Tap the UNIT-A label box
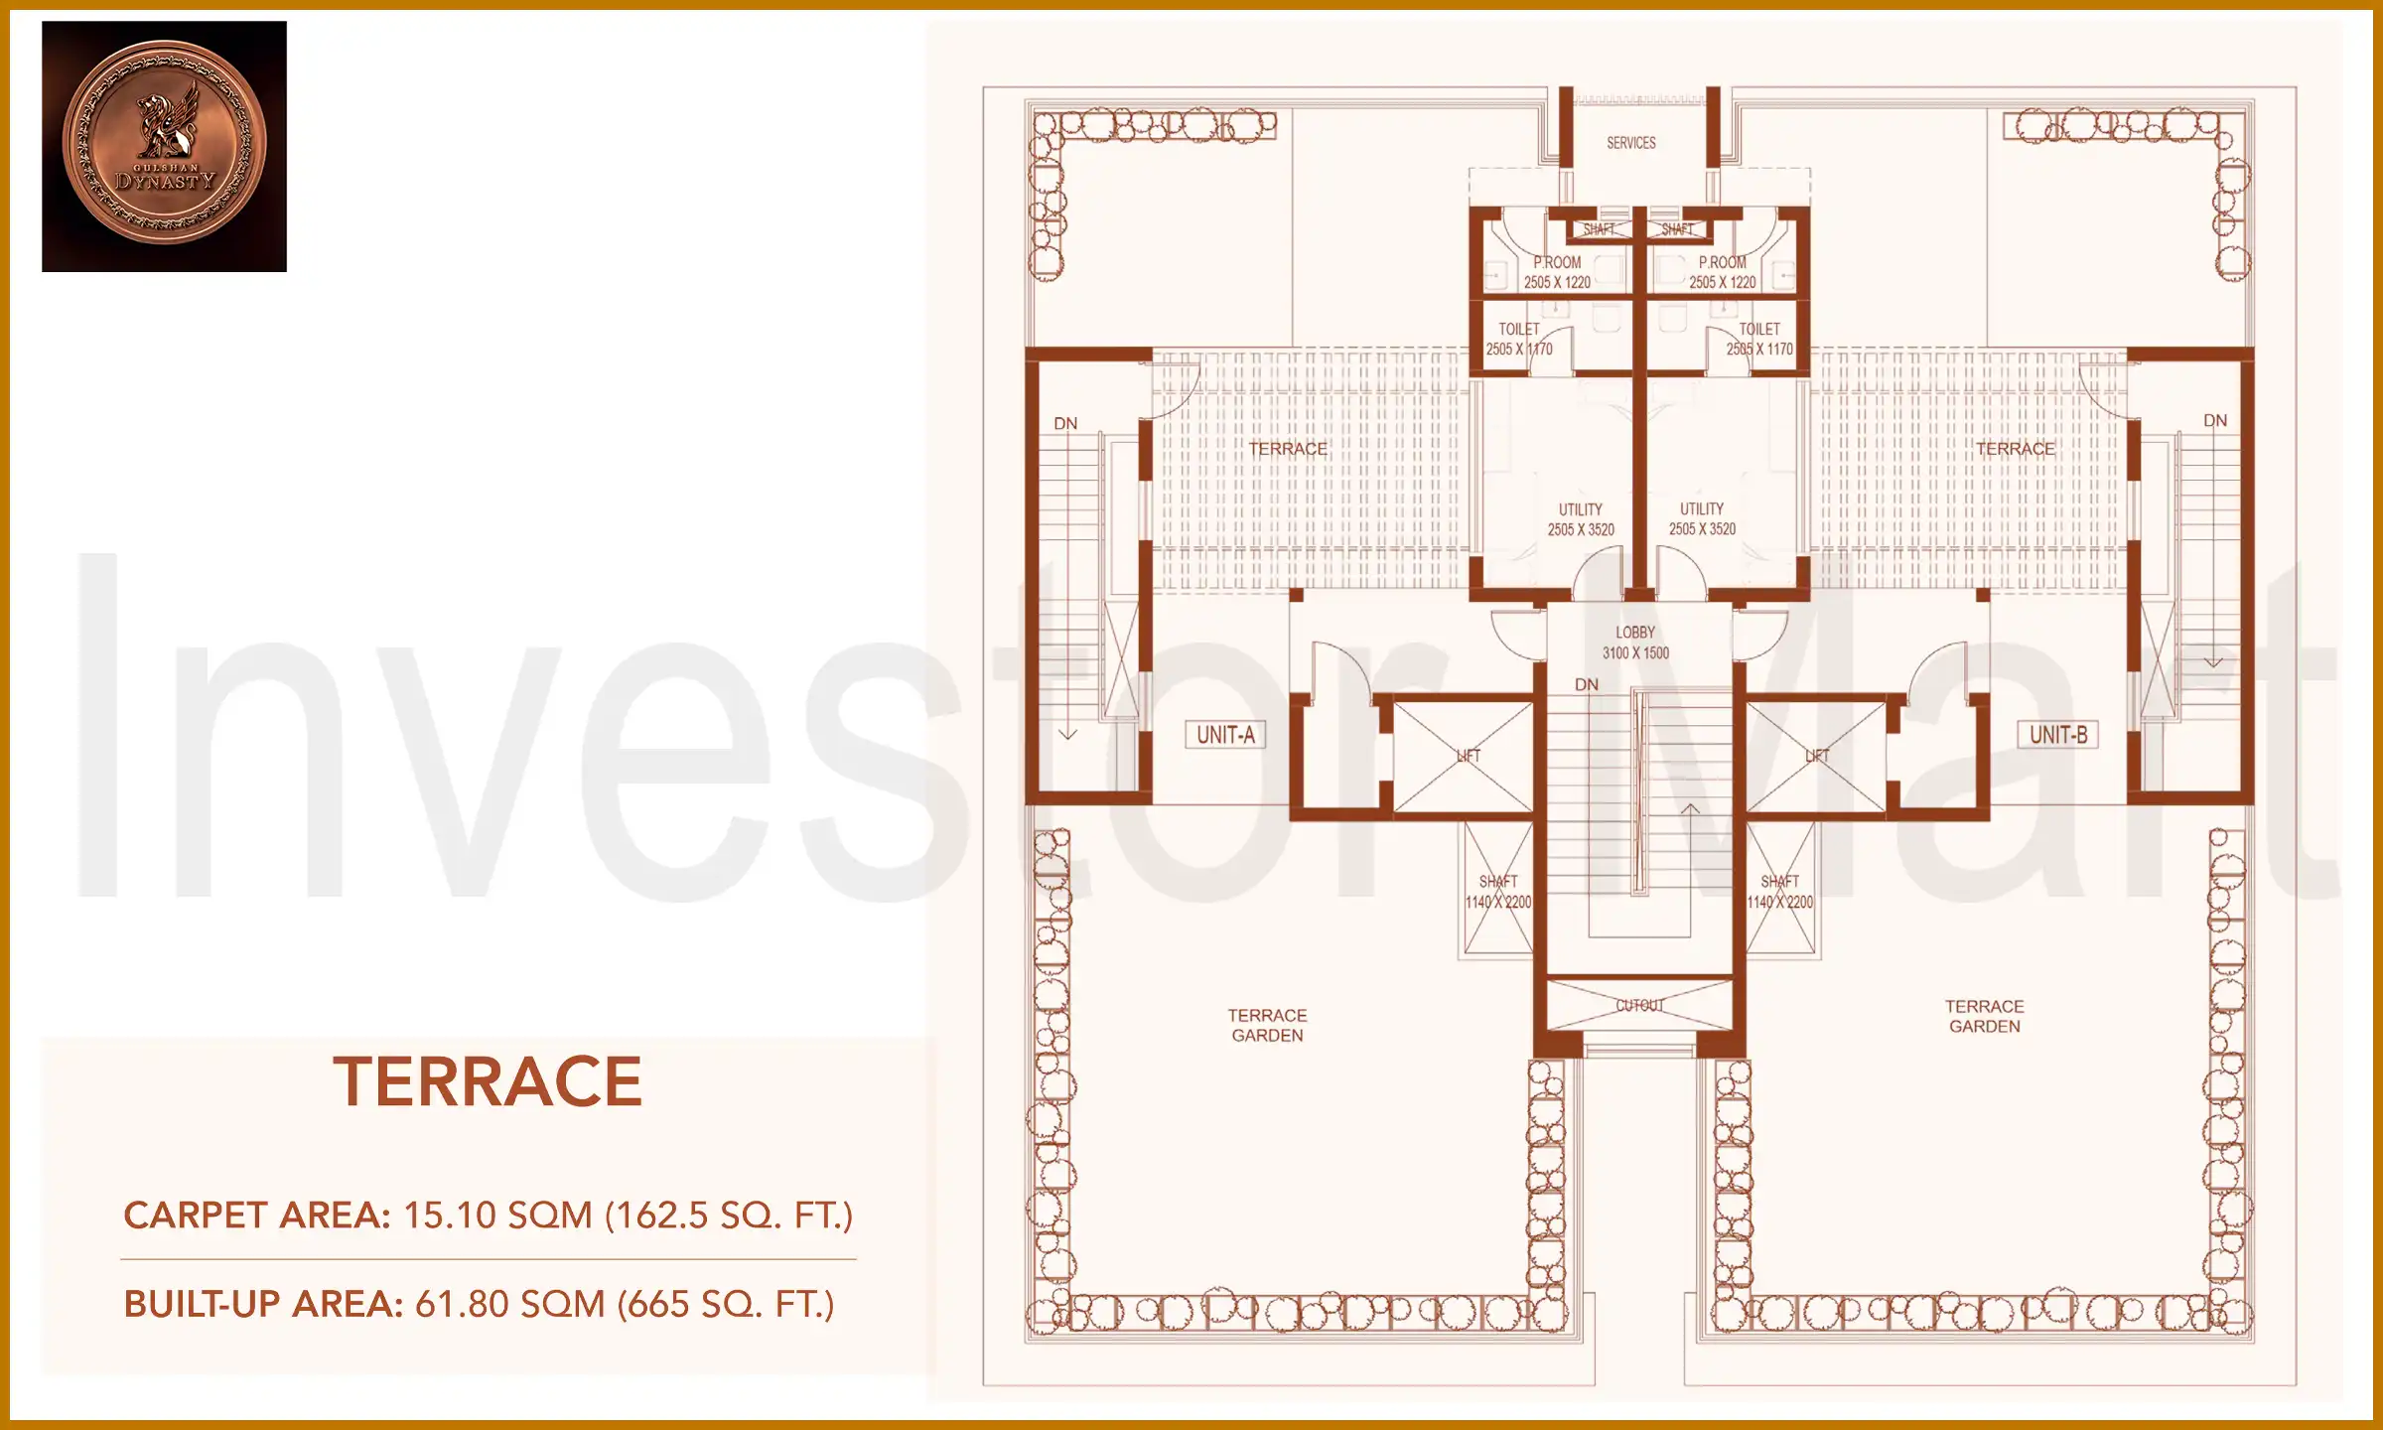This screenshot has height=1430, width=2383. [1225, 735]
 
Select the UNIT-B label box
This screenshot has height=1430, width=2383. [2057, 735]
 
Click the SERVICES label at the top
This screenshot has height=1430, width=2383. [1630, 143]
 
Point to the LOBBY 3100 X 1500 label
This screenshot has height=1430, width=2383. [1635, 643]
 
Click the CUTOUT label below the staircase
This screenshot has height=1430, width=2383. [1639, 1005]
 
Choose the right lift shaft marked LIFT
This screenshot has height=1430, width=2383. [1816, 756]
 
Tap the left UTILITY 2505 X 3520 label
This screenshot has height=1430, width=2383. [1580, 519]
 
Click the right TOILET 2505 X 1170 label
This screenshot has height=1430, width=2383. [1758, 339]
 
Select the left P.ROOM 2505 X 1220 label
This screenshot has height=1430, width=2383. [1556, 272]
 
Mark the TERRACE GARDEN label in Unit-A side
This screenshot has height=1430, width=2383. [1267, 1025]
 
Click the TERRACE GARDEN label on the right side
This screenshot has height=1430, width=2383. [1984, 1016]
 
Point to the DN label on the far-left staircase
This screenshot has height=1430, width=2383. [1065, 423]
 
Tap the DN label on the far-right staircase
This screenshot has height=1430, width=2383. [2214, 420]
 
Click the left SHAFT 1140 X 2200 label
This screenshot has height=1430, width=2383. [1498, 892]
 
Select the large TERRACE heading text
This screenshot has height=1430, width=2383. [488, 1081]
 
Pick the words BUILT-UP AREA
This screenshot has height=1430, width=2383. [262, 1304]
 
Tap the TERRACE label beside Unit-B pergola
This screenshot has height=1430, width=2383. [2015, 449]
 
